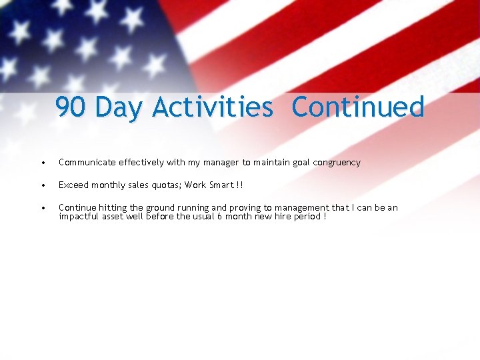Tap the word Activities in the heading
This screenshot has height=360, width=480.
click(212, 107)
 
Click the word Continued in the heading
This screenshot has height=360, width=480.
click(357, 107)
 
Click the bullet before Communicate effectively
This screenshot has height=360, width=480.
click(43, 163)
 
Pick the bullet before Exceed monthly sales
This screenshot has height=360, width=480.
click(43, 185)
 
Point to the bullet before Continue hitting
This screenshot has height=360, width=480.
click(43, 208)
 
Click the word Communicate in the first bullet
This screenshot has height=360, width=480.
click(87, 162)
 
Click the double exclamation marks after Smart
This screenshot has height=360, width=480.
click(240, 185)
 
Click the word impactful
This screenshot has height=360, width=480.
click(79, 216)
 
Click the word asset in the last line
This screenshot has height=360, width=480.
click(113, 216)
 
